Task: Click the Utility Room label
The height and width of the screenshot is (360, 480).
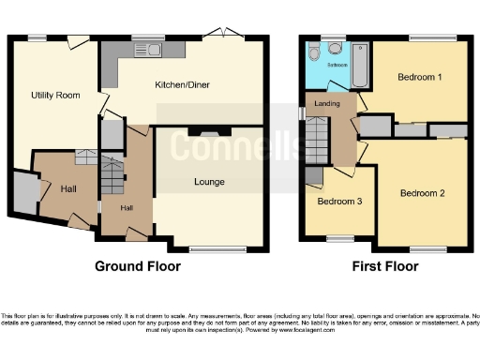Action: point(54,96)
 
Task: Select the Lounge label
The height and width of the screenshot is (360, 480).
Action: point(208,182)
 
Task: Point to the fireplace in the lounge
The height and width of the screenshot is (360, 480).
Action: point(208,132)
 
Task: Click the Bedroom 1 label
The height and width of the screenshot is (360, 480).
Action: point(419,76)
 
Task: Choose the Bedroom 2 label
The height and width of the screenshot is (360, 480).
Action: point(422,193)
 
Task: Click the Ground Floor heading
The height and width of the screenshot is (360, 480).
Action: point(138,266)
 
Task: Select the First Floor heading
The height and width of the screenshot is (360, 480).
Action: point(384,266)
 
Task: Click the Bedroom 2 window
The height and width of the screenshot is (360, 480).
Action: point(427,247)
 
